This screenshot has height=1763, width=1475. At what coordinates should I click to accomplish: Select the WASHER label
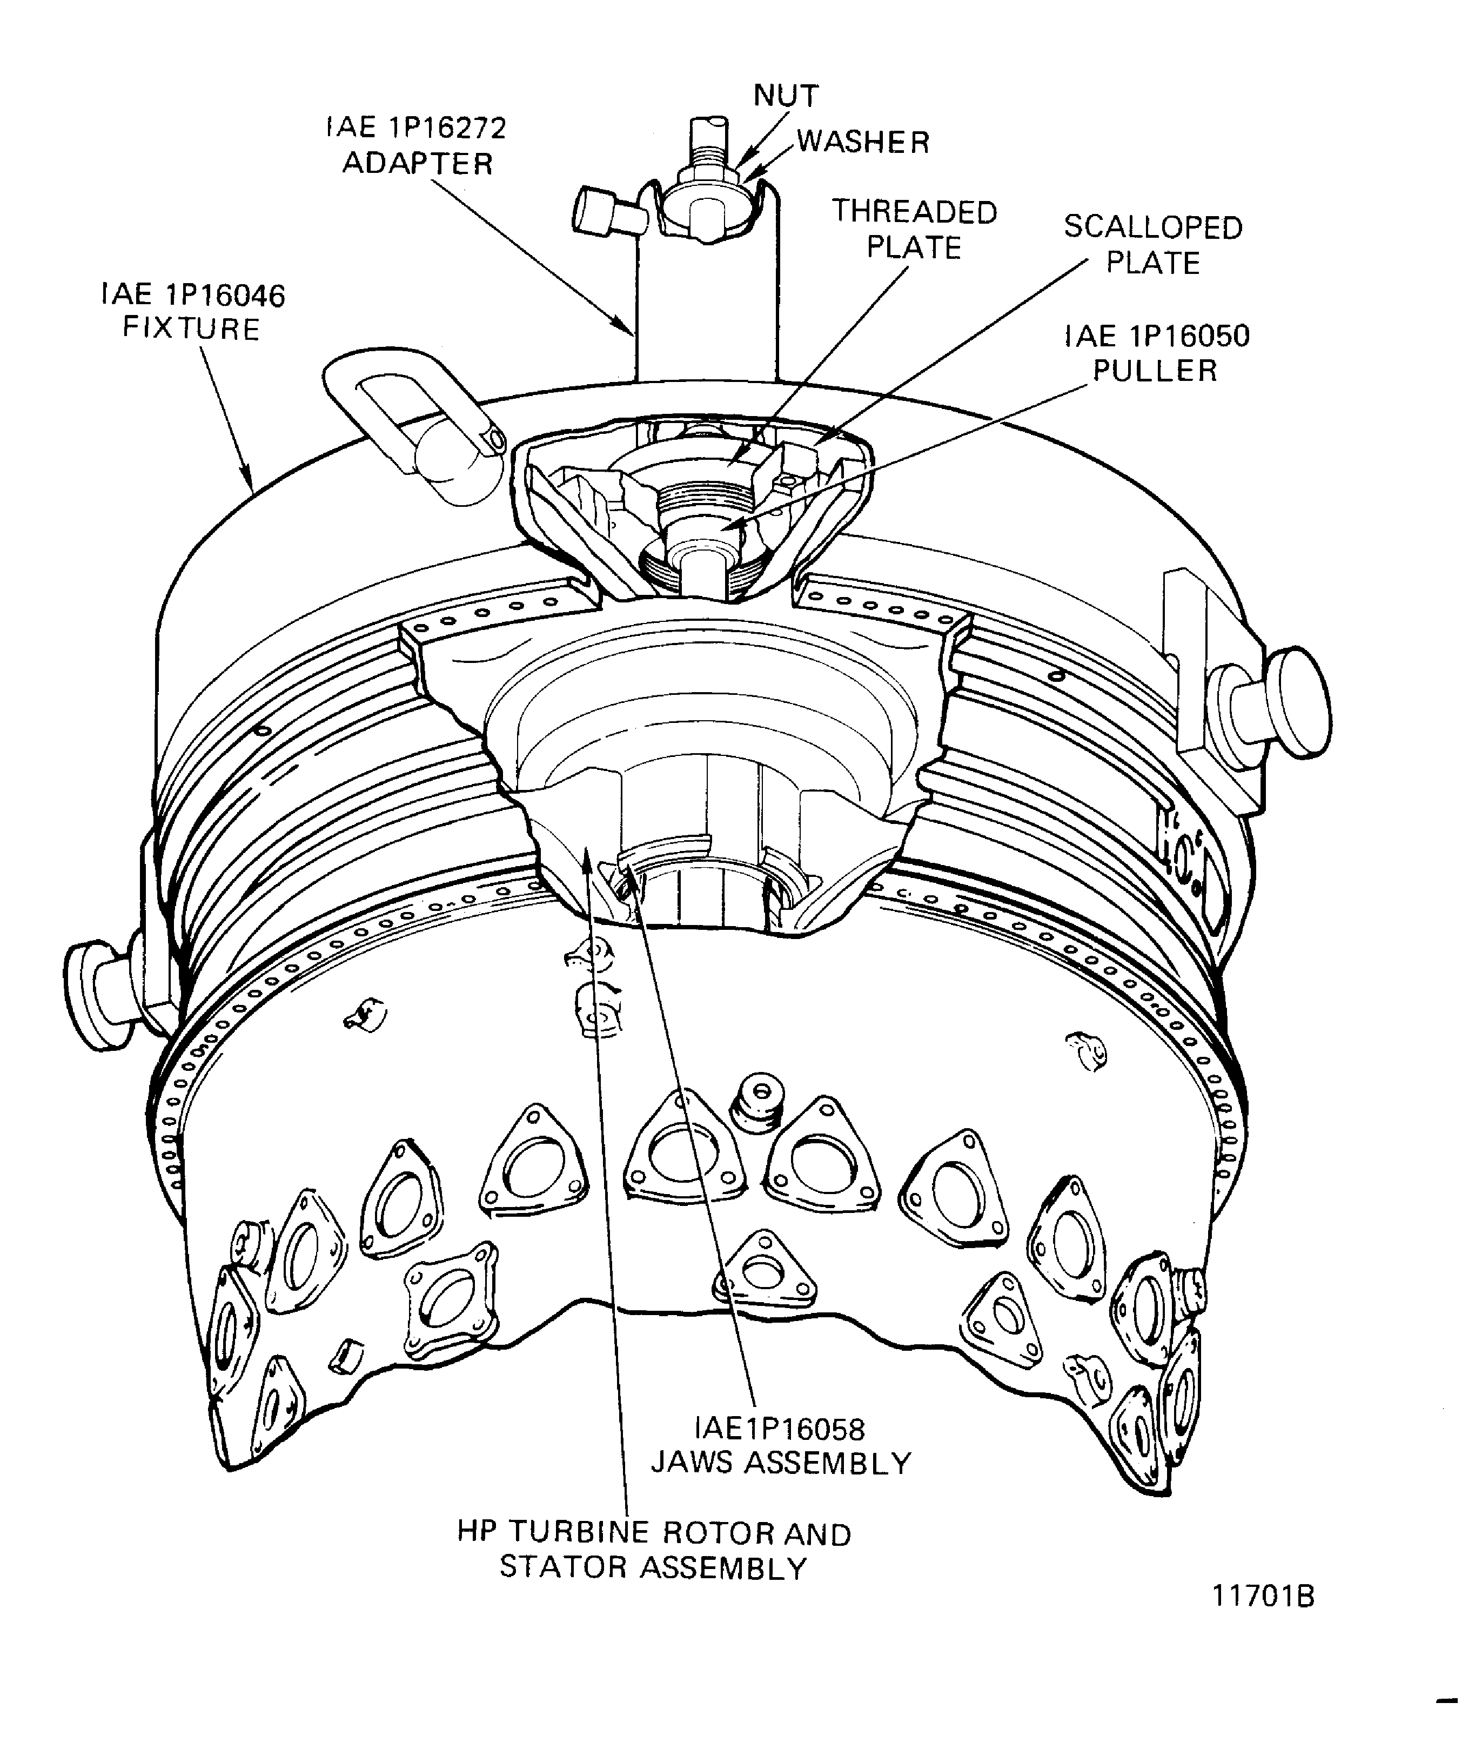pyautogui.click(x=863, y=142)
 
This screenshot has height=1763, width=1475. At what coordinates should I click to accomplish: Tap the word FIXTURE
pyautogui.click(x=191, y=329)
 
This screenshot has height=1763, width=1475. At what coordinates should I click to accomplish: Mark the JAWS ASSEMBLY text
pyautogui.click(x=781, y=1463)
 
